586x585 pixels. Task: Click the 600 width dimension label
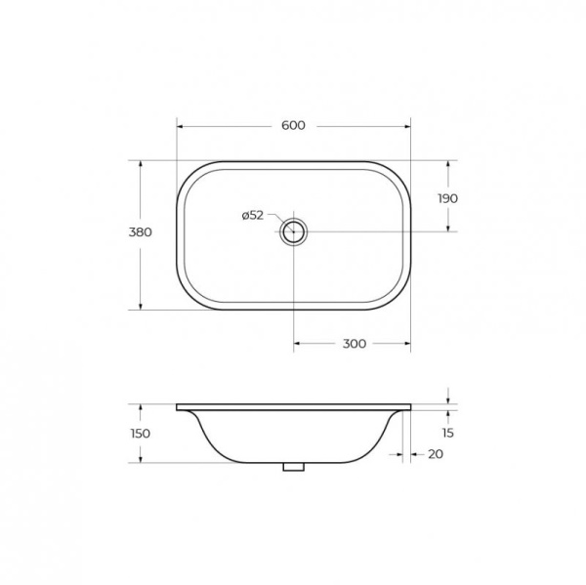click(x=293, y=125)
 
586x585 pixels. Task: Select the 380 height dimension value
click(x=140, y=232)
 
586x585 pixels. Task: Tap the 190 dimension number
click(x=447, y=198)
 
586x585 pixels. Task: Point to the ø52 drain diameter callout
click(x=253, y=215)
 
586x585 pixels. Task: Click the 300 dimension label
click(x=355, y=344)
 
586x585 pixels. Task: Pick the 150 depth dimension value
click(x=141, y=434)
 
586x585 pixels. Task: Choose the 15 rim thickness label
click(x=447, y=433)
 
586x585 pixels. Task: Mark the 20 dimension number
click(x=436, y=454)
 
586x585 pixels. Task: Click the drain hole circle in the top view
click(x=293, y=231)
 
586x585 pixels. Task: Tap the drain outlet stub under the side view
click(x=293, y=467)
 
